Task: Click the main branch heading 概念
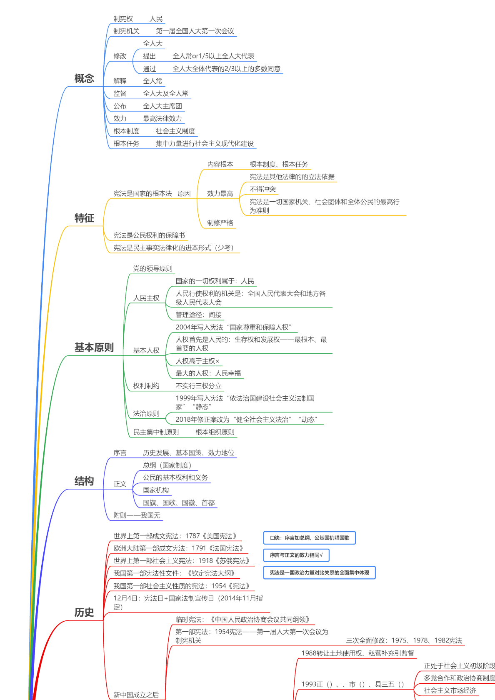(84, 78)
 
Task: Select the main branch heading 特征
(84, 218)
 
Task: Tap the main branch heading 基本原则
(94, 347)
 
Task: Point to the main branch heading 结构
(84, 481)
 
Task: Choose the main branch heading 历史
(84, 612)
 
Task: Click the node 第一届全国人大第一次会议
(195, 31)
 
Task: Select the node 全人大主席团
(162, 106)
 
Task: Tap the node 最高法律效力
(162, 119)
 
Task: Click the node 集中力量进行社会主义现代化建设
(205, 144)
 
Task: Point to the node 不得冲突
(262, 189)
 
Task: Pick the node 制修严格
(220, 223)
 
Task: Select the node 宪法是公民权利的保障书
(149, 235)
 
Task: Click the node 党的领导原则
(152, 269)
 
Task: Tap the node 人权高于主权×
(197, 361)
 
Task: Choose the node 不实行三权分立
(198, 386)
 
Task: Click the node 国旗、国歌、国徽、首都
(179, 503)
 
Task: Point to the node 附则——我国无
(137, 515)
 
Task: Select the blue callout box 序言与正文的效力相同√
(296, 555)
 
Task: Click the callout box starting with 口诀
(309, 538)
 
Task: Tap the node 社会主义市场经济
(450, 690)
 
